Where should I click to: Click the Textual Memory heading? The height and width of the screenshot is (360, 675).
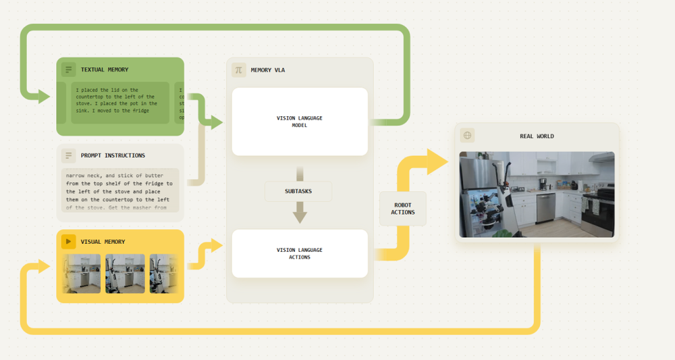click(105, 70)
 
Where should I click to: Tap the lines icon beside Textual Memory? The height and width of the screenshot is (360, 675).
click(68, 70)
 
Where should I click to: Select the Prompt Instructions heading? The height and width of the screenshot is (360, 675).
click(113, 155)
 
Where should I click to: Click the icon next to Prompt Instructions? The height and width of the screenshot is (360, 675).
click(68, 155)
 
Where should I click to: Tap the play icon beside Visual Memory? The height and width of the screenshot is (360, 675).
click(68, 241)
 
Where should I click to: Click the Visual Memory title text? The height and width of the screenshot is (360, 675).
click(103, 241)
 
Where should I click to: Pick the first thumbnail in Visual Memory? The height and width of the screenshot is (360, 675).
click(82, 274)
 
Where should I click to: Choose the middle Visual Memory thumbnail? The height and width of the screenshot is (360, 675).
click(125, 274)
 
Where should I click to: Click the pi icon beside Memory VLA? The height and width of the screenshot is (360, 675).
click(238, 70)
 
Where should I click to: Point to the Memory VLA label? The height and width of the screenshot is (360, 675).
click(268, 70)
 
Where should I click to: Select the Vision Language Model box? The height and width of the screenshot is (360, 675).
click(300, 122)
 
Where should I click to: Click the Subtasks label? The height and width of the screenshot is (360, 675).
click(298, 191)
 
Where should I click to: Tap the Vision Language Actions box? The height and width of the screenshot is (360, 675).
click(300, 253)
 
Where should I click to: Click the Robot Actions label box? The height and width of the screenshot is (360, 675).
click(403, 209)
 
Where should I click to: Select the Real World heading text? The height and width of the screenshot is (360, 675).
click(537, 136)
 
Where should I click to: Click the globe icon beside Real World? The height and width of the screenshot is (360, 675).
click(467, 135)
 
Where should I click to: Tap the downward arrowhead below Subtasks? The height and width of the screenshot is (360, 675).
click(300, 216)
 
